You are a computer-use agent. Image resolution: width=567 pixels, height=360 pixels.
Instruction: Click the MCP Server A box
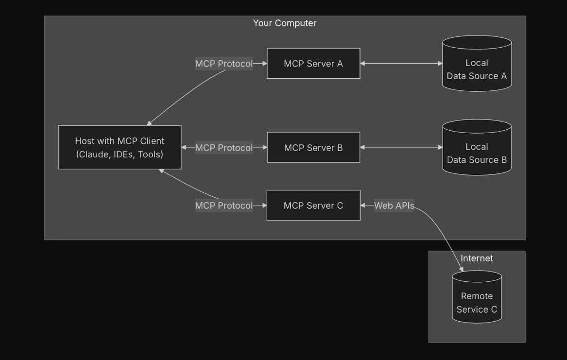pos(313,63)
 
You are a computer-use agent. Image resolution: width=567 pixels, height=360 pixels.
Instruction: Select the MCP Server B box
pos(313,147)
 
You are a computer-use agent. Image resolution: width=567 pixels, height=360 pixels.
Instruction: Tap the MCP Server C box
pos(313,206)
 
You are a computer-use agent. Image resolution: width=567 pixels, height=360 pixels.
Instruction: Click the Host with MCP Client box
pos(120,147)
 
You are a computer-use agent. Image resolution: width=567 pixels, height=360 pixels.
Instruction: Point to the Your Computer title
pos(284,23)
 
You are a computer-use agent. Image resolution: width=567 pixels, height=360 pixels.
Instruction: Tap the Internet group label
pos(477,258)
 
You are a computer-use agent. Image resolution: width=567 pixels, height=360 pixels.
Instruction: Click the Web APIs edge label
pos(394,206)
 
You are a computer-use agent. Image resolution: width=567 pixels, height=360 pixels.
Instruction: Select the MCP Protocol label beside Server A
pos(223,64)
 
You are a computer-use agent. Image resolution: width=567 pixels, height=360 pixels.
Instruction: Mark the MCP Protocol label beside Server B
pos(223,148)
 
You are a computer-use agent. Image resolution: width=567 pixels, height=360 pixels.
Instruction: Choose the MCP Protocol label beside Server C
pos(223,206)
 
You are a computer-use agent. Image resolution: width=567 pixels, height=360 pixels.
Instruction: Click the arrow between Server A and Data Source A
pos(401,63)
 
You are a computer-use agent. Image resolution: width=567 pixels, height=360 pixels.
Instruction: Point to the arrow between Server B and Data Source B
pos(401,147)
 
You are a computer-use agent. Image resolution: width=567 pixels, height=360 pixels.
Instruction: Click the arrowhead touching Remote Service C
pos(461,269)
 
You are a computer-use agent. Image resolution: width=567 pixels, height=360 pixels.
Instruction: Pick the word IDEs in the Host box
pos(122,154)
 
